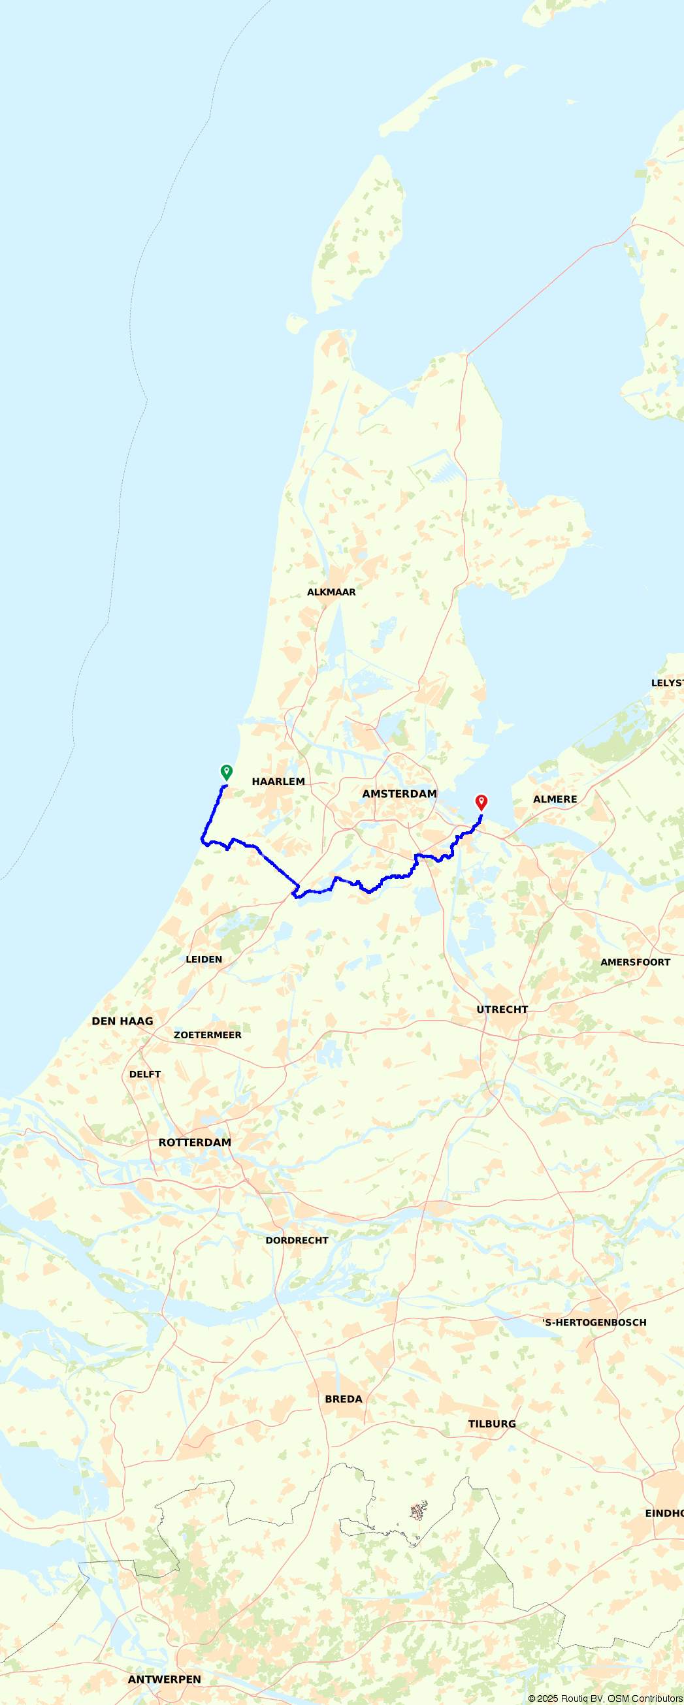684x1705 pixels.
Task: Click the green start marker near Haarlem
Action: click(227, 772)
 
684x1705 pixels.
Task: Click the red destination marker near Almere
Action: click(481, 802)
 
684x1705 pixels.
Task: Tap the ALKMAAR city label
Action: click(331, 592)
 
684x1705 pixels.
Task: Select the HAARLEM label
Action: click(278, 782)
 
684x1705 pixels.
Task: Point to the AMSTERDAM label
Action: click(399, 793)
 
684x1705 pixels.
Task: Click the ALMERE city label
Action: click(555, 799)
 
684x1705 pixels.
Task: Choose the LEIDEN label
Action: click(204, 960)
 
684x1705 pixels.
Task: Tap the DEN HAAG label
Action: click(123, 1021)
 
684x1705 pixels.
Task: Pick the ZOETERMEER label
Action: click(207, 1035)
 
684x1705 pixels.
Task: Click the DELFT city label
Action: click(145, 1074)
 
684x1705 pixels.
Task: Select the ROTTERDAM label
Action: click(195, 1142)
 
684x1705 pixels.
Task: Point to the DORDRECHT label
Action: click(297, 1240)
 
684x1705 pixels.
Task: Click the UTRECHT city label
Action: click(502, 1010)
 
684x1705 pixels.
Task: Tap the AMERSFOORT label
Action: click(635, 963)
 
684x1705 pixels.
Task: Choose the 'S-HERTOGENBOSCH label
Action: click(594, 1322)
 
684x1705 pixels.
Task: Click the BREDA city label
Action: click(343, 1399)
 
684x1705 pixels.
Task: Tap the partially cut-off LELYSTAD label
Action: click(667, 683)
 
